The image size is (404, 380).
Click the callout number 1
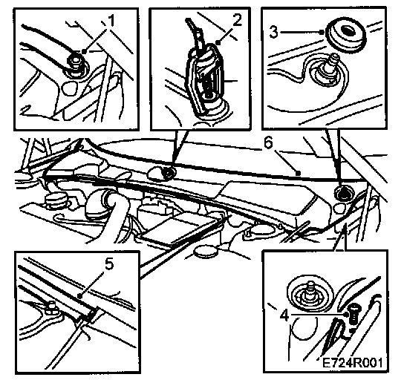tap(111, 21)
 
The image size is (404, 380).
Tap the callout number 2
tap(237, 21)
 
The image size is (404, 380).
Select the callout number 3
tap(274, 33)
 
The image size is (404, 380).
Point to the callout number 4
tap(284, 315)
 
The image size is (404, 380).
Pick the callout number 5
tap(109, 264)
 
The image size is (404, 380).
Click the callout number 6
tap(268, 142)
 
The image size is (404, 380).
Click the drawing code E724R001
tap(352, 363)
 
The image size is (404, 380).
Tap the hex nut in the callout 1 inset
tap(74, 61)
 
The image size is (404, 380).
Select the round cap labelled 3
tap(345, 35)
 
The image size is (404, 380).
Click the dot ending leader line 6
tap(298, 173)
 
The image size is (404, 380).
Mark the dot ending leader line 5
tap(80, 296)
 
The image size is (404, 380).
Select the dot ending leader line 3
tap(322, 32)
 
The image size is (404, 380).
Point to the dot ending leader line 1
tap(84, 51)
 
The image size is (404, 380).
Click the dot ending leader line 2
tap(218, 42)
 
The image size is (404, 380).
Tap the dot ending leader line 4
tap(347, 315)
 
